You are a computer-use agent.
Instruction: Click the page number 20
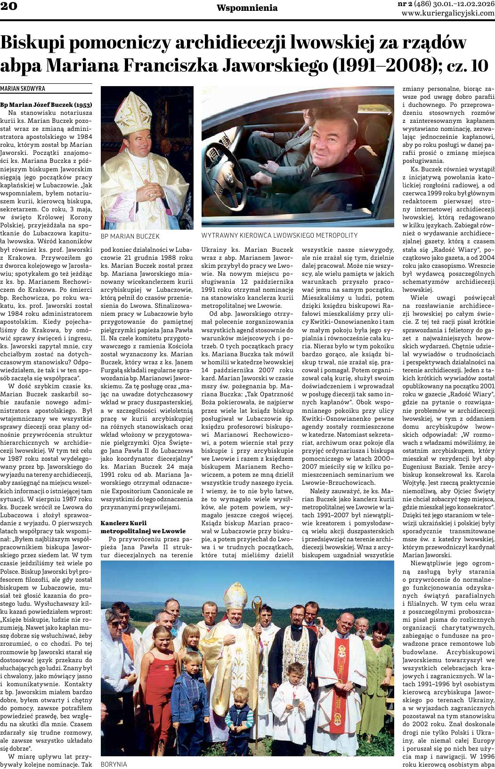click(x=9, y=7)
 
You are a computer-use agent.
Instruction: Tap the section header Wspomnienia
click(x=247, y=8)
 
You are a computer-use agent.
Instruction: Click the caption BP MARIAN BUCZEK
click(x=130, y=236)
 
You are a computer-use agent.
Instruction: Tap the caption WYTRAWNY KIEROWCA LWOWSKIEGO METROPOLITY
click(x=279, y=235)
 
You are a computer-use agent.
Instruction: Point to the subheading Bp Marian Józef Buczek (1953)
click(x=46, y=104)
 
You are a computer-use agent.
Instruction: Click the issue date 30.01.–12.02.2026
click(x=461, y=4)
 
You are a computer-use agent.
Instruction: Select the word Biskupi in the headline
click(x=39, y=43)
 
